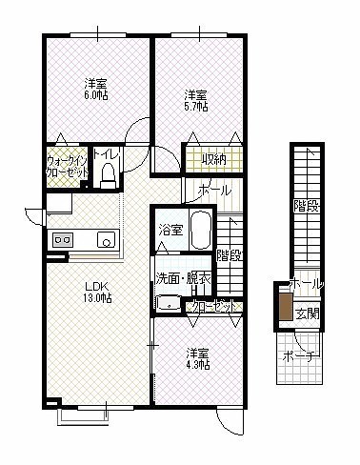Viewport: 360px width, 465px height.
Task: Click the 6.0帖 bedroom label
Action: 95,90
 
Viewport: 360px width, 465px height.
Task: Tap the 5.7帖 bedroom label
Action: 196,101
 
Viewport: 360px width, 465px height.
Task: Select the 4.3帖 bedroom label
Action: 197,358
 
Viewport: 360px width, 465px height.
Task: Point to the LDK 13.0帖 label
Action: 97,293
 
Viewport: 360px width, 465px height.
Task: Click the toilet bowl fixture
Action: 108,176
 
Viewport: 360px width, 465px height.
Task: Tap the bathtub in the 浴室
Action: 201,229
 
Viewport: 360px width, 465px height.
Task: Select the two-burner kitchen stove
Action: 63,239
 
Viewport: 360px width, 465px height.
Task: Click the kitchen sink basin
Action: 107,240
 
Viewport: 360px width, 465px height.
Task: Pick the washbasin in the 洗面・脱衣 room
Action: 169,303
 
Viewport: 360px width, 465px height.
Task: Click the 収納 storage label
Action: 214,158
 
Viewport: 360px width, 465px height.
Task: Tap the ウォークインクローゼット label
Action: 67,166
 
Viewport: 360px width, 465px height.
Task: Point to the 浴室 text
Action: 170,230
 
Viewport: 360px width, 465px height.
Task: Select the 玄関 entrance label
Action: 308,313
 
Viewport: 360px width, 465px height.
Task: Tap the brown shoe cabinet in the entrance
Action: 286,307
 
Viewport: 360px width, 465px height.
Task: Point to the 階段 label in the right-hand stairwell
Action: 306,207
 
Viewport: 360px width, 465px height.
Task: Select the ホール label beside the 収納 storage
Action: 214,191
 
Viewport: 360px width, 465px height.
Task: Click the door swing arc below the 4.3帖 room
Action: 228,423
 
